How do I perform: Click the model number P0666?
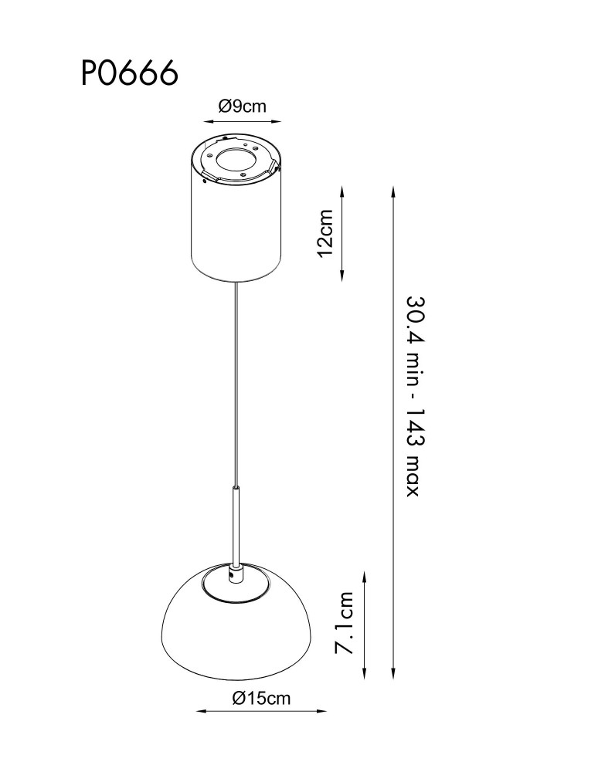(x=130, y=73)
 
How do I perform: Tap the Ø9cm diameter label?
(x=242, y=106)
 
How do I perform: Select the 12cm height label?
(x=325, y=233)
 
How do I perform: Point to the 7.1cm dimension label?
(x=345, y=623)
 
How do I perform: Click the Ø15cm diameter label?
(x=261, y=698)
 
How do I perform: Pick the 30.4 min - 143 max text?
(x=413, y=396)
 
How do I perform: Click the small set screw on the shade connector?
(x=232, y=574)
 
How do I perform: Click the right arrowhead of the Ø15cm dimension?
(x=323, y=711)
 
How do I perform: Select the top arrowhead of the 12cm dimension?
(x=341, y=190)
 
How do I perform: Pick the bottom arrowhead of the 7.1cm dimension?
(x=365, y=674)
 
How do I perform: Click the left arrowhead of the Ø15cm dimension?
(x=201, y=711)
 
